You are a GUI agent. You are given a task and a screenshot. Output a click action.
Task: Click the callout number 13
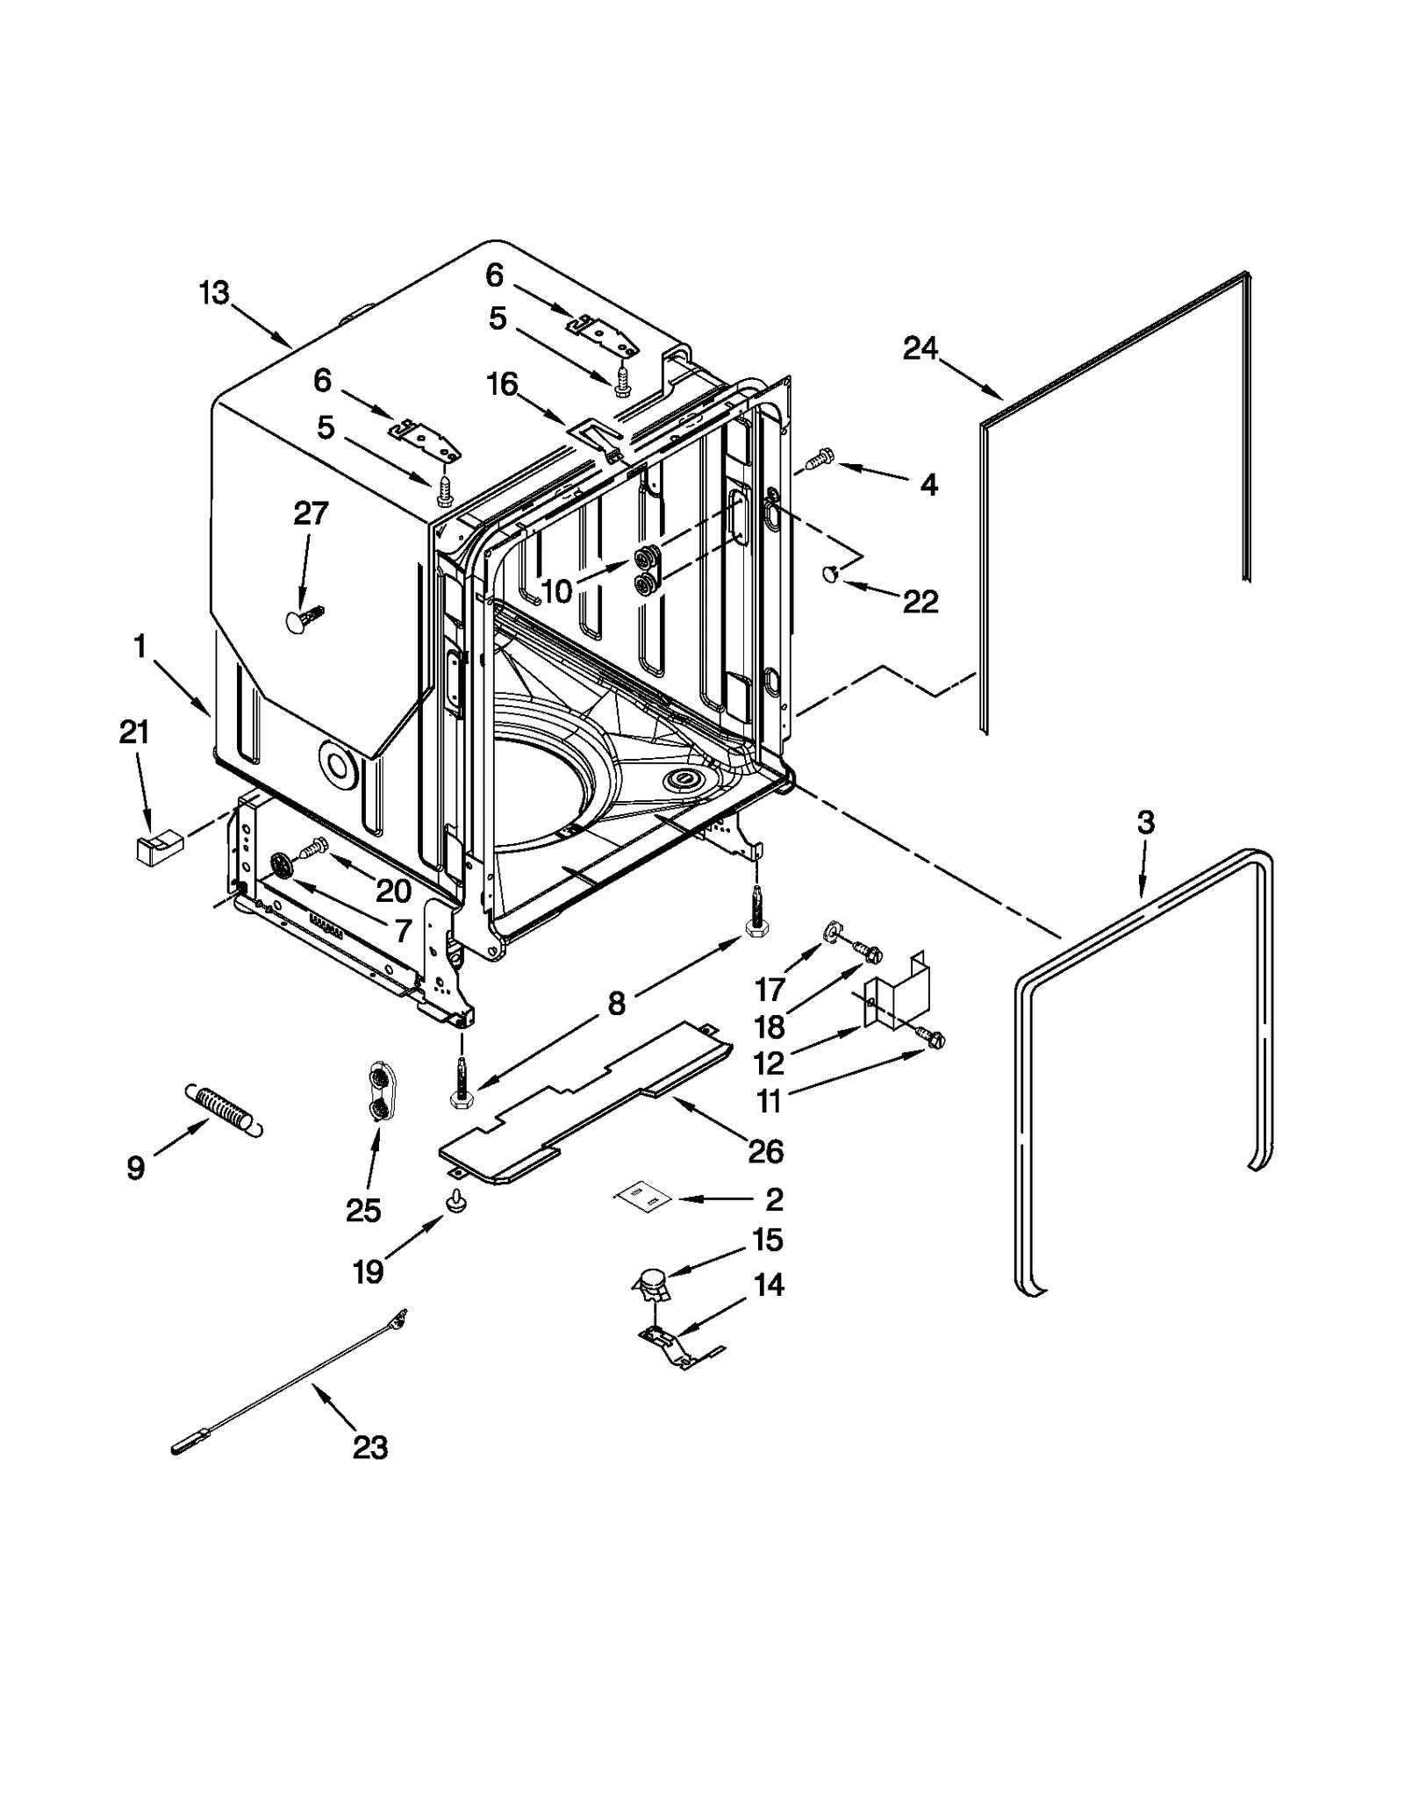coord(213,293)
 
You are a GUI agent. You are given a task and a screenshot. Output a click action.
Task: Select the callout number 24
coord(920,349)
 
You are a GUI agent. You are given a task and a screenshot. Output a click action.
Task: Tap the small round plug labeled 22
coord(829,574)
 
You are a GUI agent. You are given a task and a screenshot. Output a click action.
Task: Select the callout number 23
coord(369,1447)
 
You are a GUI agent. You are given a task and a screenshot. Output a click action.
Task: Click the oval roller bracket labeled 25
coord(378,1092)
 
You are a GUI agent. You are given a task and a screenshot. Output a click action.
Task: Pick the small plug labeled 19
coord(456,1201)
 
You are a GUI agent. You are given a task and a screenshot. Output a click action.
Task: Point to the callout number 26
coord(765,1151)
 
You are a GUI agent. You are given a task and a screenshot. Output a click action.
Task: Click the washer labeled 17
coord(830,930)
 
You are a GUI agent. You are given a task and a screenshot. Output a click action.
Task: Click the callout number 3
coord(1145,823)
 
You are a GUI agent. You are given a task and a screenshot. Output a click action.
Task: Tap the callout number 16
coord(502,384)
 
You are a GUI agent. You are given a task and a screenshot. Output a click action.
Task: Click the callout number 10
coord(556,591)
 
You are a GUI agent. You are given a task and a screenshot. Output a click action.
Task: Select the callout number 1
coord(140,647)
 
